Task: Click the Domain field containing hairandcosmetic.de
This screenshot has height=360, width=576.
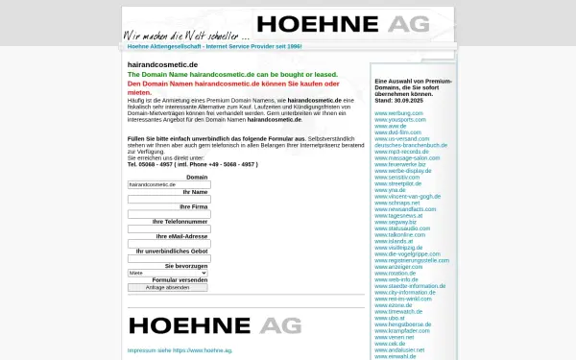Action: [x=168, y=184]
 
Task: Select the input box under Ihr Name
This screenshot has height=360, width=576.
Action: [x=168, y=199]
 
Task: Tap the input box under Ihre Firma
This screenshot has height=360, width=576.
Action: [x=168, y=213]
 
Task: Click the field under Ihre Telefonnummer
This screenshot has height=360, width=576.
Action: [x=168, y=228]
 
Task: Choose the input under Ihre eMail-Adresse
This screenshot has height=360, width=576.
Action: [x=168, y=243]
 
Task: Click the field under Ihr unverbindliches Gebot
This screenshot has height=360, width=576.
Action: [x=168, y=257]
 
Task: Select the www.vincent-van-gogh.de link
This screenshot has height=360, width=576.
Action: [x=407, y=195]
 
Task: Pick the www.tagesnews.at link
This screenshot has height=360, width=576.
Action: [x=398, y=214]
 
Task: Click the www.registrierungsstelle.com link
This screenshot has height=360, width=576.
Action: [x=412, y=259]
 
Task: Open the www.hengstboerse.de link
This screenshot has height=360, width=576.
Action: [x=402, y=324]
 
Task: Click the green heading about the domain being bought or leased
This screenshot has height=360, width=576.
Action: [x=232, y=74]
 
